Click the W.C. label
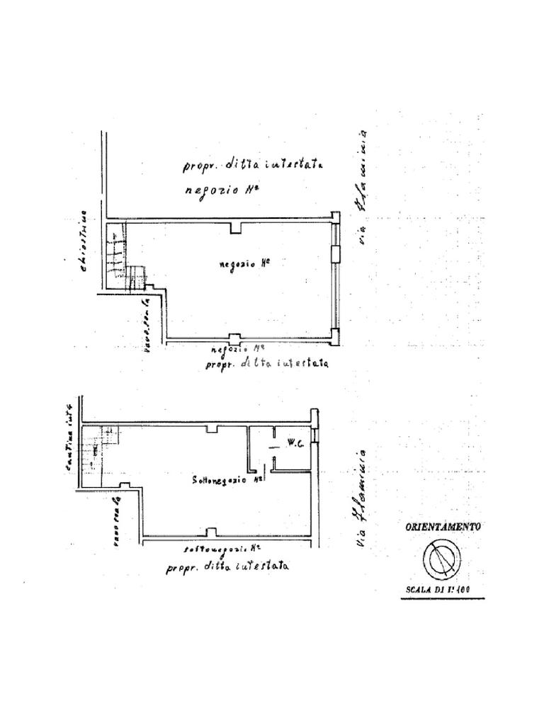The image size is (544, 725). [295, 445]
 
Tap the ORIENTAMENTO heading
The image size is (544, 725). [443, 527]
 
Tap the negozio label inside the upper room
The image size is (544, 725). [245, 263]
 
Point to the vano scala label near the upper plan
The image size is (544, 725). [147, 325]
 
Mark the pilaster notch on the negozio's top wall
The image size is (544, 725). [237, 227]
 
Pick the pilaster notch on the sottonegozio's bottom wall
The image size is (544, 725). [210, 532]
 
